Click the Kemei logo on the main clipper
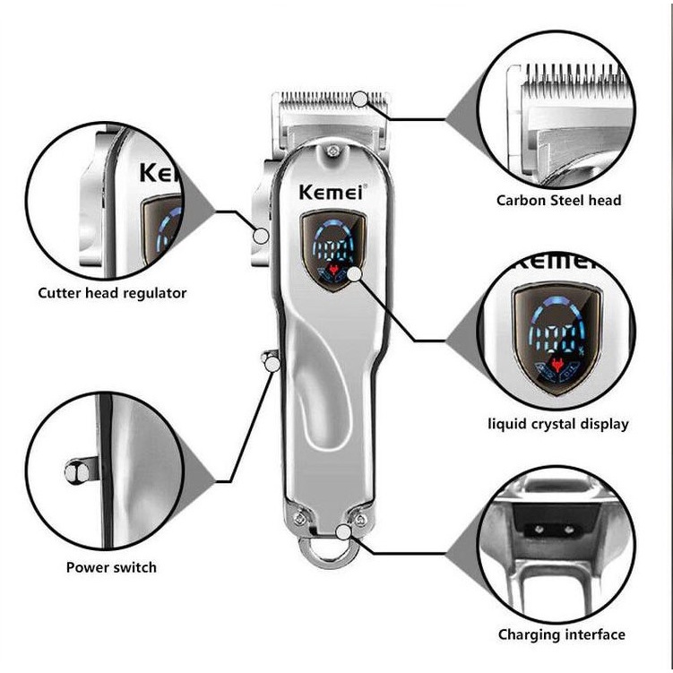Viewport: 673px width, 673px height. (x=332, y=191)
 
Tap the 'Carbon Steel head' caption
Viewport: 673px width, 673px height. (x=558, y=200)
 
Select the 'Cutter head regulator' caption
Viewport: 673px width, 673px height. (x=112, y=292)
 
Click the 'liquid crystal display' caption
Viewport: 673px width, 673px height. (x=558, y=424)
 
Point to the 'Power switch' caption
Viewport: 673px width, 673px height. (x=111, y=567)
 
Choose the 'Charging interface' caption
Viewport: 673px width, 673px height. (x=562, y=634)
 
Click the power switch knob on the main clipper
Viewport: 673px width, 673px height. (x=269, y=360)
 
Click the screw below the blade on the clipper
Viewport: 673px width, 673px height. (x=333, y=153)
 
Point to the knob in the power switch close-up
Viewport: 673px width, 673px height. (x=81, y=469)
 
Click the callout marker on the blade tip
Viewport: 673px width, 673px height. (x=360, y=98)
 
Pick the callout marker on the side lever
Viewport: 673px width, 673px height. (x=261, y=236)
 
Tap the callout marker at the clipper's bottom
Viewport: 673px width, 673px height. (x=343, y=532)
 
